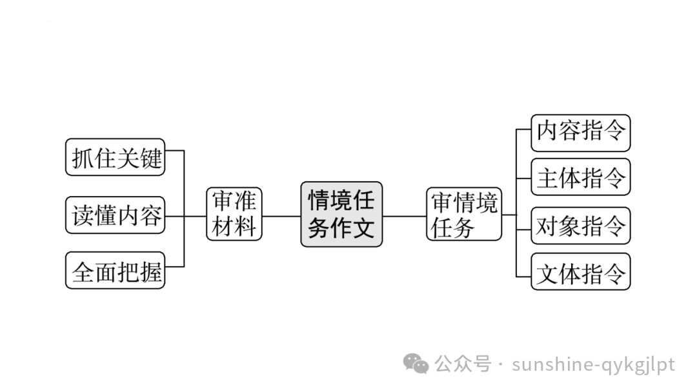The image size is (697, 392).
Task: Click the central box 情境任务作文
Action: [341, 214]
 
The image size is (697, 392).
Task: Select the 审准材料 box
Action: [234, 214]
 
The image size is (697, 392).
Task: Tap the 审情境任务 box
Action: [464, 214]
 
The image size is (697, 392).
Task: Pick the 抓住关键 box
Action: [116, 157]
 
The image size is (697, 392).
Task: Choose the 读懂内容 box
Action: [116, 215]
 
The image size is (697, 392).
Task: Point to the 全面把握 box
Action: [116, 271]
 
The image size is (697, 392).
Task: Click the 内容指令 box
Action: [580, 133]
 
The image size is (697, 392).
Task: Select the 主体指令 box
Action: [580, 177]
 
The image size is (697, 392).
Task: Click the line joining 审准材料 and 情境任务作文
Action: [281, 215]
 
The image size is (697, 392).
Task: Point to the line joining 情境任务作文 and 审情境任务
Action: [404, 215]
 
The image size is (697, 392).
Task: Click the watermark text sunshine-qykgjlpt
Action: [593, 364]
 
